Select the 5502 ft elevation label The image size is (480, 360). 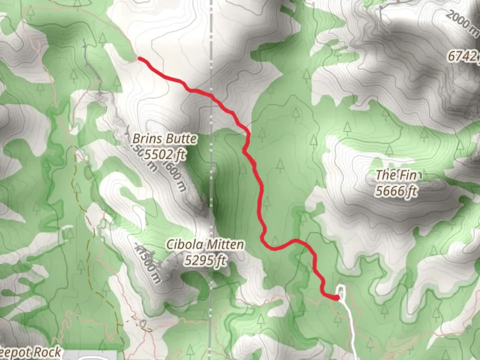(x=165, y=154)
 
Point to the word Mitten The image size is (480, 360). (x=225, y=245)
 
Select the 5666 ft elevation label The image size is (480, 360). (x=397, y=191)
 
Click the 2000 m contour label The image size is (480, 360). (x=462, y=23)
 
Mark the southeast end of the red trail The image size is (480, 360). (x=337, y=297)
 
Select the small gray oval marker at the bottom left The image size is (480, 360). (x=143, y=323)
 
